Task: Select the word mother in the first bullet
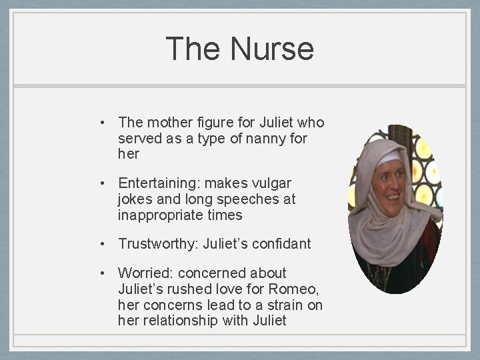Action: coord(166,123)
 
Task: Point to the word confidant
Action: coord(281,244)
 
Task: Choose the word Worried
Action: coord(143,273)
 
